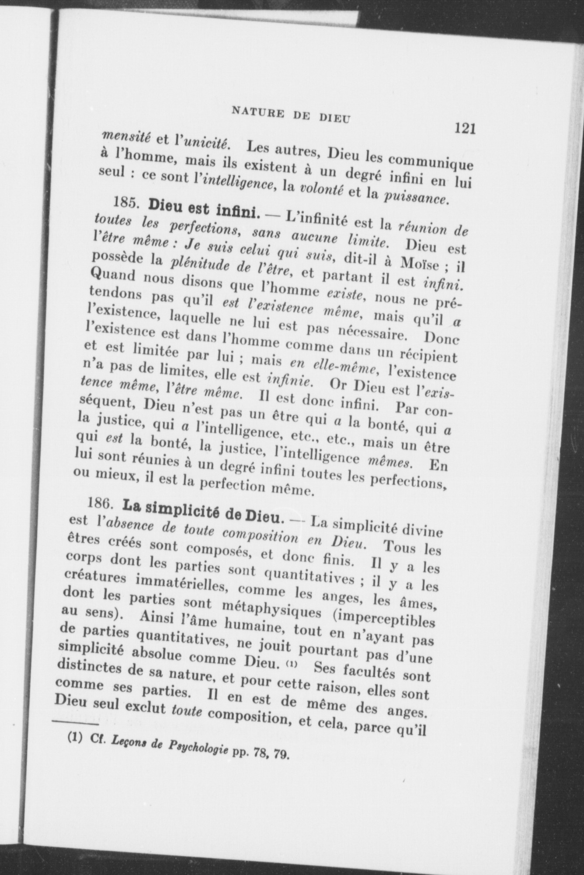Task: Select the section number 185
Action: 127,203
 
